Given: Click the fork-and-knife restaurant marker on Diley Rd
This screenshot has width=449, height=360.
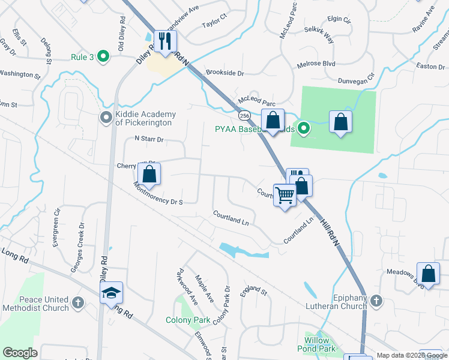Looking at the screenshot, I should pos(163,41).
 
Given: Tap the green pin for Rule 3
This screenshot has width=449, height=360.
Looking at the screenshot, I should pos(103,57).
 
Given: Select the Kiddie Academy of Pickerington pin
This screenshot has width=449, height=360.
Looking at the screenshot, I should pos(106,118).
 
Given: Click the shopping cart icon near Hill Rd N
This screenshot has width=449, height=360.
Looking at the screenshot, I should pos(285,194).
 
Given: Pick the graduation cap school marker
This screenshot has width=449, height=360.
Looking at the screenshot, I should pos(112,293).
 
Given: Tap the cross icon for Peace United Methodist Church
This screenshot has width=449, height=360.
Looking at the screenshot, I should pos(77,303).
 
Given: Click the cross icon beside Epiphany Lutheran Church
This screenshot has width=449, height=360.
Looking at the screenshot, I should pos(376,301).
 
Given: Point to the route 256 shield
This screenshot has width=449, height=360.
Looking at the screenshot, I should pos(244,115).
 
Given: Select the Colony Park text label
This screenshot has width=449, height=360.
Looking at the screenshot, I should pos(188,320).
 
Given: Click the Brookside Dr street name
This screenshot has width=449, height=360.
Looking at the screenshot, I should pos(225,73).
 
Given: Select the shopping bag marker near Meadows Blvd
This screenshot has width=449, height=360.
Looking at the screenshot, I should pos(429,274).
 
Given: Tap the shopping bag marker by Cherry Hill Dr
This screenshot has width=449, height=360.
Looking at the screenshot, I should pos(149,174).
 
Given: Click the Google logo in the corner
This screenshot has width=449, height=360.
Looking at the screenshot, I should pos(20,353).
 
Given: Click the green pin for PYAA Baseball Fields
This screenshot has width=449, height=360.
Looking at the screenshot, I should pos(304,127).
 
